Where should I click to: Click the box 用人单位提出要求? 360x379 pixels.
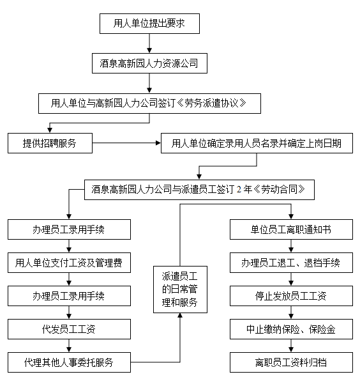coord(149,24)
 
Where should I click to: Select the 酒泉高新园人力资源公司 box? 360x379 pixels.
coord(149,63)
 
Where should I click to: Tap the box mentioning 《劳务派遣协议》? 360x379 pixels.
coord(149,104)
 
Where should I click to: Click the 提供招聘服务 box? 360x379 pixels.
coord(50,143)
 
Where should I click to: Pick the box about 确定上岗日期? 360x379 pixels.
coord(257,143)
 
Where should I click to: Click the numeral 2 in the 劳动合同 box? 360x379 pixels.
coord(239,189)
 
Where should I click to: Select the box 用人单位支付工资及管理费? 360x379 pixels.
coord(69,263)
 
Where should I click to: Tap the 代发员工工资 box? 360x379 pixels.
coord(69,329)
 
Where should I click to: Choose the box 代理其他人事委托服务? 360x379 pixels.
coord(69,362)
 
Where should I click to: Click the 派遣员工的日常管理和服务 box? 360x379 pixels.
coord(180,290)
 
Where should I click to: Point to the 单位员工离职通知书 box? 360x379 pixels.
coord(291,229)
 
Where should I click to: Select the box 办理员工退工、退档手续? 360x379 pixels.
coord(291,263)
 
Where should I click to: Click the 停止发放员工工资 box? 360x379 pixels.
coord(291,296)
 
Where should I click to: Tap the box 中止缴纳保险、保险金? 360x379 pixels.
coord(291,329)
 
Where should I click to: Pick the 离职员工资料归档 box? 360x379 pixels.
coord(291,362)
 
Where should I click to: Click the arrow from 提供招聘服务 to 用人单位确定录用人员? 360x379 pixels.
coord(126,143)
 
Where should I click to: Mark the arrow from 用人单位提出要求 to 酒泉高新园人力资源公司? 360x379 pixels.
coord(149,43)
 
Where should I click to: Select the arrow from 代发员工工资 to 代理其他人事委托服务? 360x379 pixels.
coord(69,346)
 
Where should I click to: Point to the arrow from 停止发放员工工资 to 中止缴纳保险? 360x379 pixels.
coord(291,313)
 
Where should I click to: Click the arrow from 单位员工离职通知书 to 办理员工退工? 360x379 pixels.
coord(291,246)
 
